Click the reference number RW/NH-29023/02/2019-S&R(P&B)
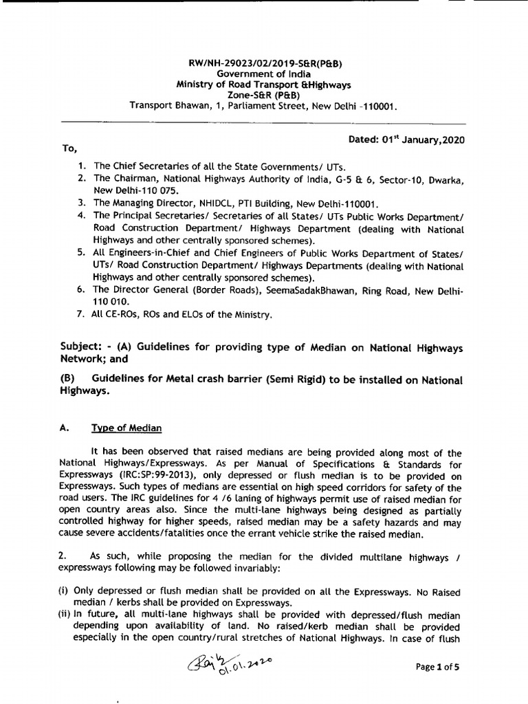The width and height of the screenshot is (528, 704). [x=265, y=63]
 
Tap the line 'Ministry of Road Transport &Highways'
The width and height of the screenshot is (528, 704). [x=265, y=85]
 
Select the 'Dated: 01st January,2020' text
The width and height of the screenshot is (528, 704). [x=406, y=140]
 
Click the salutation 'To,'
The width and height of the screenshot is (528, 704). [x=69, y=148]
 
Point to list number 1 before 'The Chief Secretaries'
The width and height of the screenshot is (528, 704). [x=82, y=166]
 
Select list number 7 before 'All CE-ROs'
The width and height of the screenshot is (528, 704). [x=81, y=315]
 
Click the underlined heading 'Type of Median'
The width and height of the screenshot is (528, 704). [x=127, y=428]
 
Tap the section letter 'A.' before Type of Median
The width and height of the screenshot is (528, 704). [x=66, y=428]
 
